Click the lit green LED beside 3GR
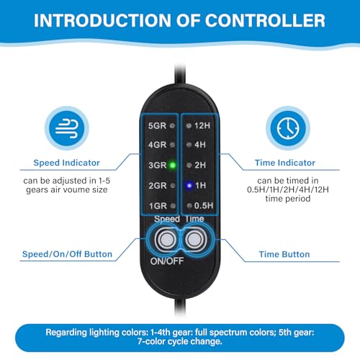(172, 165)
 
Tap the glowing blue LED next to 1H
(189, 186)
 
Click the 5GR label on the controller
(157, 125)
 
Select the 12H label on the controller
(202, 125)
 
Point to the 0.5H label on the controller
(204, 206)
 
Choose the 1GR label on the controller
(158, 206)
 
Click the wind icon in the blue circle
(67, 128)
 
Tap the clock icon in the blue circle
(288, 128)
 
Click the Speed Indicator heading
(66, 163)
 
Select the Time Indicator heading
(285, 163)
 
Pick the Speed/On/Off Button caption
(67, 254)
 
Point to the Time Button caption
(284, 254)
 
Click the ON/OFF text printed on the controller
(167, 261)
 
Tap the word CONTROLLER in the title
(265, 20)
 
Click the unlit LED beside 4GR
(172, 145)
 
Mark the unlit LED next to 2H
(189, 165)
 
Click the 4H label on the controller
(200, 145)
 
